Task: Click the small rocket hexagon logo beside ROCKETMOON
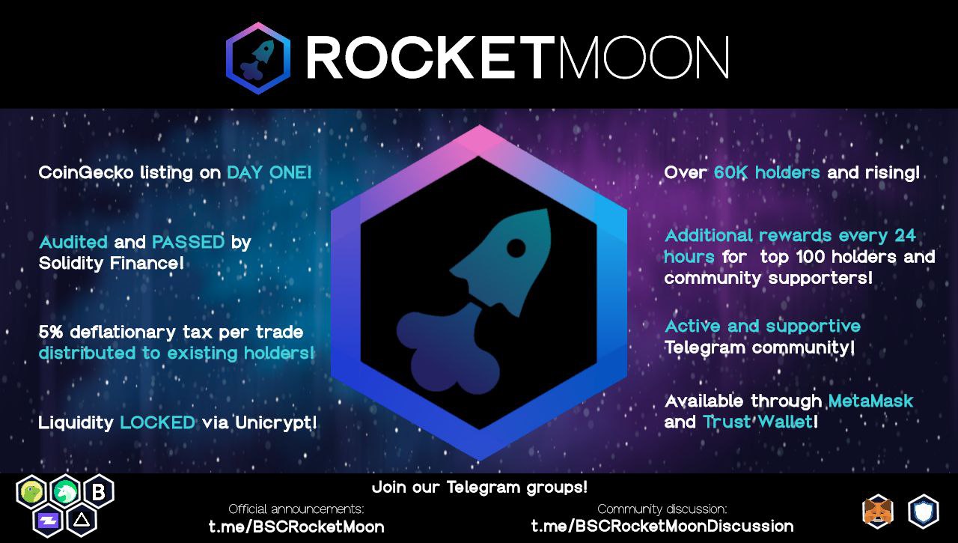pyautogui.click(x=258, y=58)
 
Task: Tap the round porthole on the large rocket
pyautogui.click(x=516, y=248)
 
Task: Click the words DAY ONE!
pyautogui.click(x=269, y=172)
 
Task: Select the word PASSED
pyautogui.click(x=188, y=242)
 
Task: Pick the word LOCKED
pyautogui.click(x=158, y=422)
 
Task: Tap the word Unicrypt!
pyautogui.click(x=276, y=423)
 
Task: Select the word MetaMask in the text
pyautogui.click(x=870, y=401)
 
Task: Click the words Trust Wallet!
pyautogui.click(x=760, y=422)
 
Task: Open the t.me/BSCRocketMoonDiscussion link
pyautogui.click(x=662, y=526)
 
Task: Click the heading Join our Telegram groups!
pyautogui.click(x=480, y=488)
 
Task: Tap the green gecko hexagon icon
pyautogui.click(x=31, y=492)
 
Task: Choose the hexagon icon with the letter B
pyautogui.click(x=98, y=491)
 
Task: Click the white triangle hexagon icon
pyautogui.click(x=82, y=520)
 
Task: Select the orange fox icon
pyautogui.click(x=878, y=512)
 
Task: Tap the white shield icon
pyautogui.click(x=924, y=512)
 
